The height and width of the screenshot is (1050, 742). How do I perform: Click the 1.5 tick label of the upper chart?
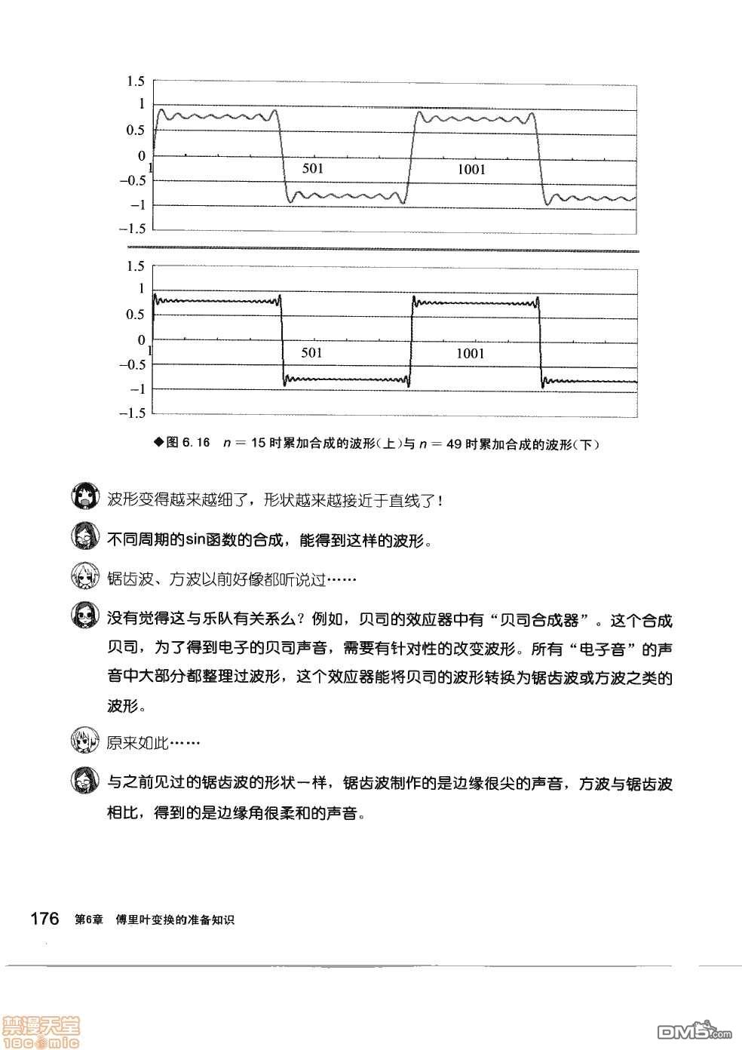tap(136, 81)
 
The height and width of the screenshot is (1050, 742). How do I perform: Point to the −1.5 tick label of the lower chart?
tap(132, 413)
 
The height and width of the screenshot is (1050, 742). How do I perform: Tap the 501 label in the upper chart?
tap(312, 168)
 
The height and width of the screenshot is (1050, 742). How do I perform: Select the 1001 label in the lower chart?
tap(471, 353)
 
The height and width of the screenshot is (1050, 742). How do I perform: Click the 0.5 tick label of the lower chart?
tap(136, 315)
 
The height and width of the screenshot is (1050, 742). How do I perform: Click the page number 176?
tap(44, 919)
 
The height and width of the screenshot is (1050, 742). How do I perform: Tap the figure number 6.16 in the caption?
tap(197, 443)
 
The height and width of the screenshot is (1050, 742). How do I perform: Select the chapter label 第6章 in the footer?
tap(89, 920)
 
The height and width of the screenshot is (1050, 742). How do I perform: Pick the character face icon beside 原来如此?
tap(85, 741)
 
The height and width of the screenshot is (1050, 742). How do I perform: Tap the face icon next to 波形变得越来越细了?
tap(85, 499)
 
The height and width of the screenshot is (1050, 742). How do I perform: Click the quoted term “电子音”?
tap(612, 649)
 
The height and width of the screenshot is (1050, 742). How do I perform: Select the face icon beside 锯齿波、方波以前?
tap(85, 578)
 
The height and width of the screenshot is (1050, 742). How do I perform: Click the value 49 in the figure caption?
tap(453, 444)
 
